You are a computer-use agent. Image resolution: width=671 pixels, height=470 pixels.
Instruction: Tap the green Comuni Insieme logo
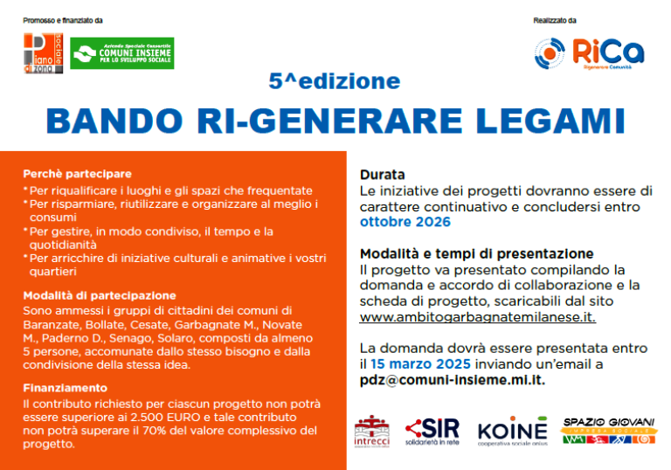coord(122,53)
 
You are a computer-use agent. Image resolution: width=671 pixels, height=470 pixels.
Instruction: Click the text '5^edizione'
coord(335,82)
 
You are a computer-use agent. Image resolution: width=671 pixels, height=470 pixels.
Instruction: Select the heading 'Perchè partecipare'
coord(78,174)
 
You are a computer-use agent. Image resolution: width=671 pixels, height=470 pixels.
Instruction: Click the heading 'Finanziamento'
coord(66,387)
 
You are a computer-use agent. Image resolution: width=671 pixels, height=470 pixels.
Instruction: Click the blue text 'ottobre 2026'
coord(405,222)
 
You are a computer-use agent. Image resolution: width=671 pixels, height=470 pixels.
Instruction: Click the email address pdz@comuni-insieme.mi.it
coord(453,380)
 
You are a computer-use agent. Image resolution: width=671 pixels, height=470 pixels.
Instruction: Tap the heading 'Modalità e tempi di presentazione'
coord(476,253)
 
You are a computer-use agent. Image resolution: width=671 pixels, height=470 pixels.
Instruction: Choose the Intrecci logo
coord(371,432)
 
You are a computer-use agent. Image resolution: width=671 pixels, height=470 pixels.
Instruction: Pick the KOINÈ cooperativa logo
coord(513,432)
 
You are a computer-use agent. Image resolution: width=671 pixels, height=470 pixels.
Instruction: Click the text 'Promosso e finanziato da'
coord(63,20)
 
